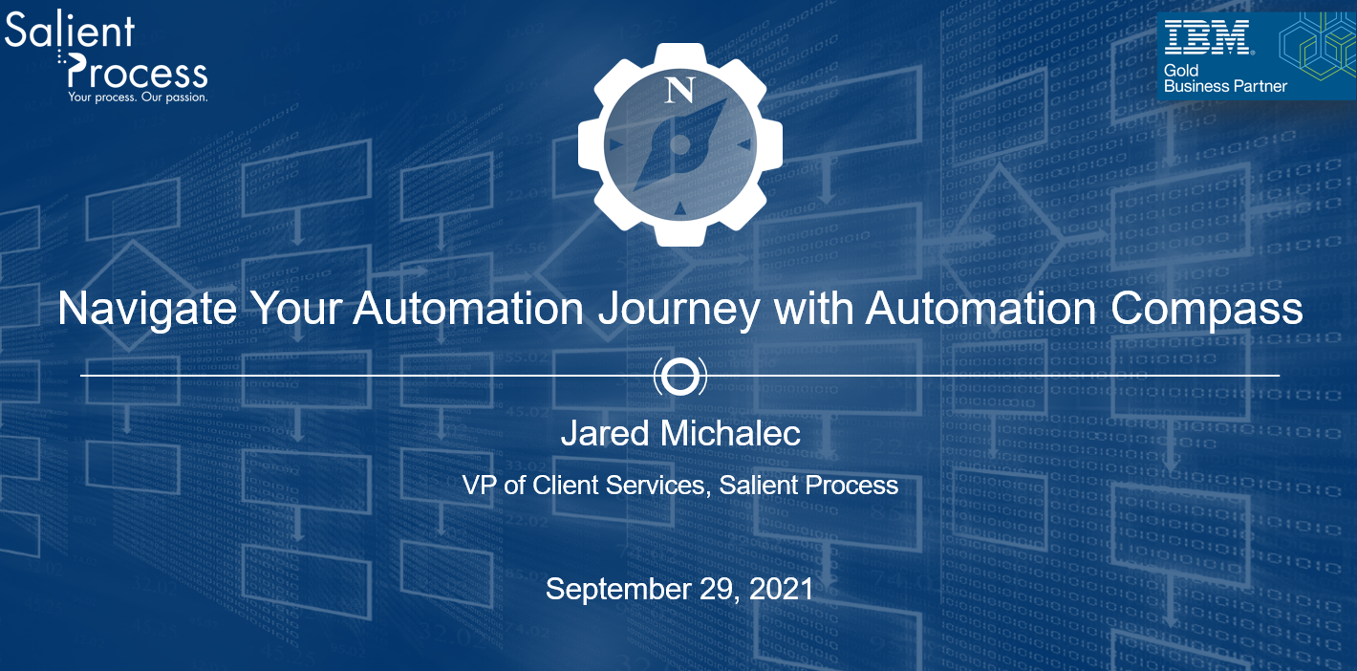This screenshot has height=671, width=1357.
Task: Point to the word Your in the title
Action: pyautogui.click(x=296, y=309)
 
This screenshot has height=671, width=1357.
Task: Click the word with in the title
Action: pyautogui.click(x=811, y=309)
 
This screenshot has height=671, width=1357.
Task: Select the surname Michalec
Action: pyautogui.click(x=730, y=433)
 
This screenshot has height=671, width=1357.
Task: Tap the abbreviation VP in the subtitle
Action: pyautogui.click(x=479, y=485)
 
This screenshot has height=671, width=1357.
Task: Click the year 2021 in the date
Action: pyautogui.click(x=781, y=589)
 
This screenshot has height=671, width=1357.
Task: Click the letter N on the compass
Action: pyautogui.click(x=679, y=90)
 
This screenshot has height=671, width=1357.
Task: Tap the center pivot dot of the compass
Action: pyautogui.click(x=679, y=144)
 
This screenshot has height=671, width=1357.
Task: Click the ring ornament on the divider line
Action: pyautogui.click(x=680, y=376)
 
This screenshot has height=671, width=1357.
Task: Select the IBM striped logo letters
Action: pyautogui.click(x=1207, y=37)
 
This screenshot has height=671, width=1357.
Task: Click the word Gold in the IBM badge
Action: pyautogui.click(x=1181, y=71)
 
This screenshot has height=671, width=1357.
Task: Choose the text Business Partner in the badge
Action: pyautogui.click(x=1225, y=86)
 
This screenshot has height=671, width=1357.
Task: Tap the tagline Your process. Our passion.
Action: pyautogui.click(x=138, y=97)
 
